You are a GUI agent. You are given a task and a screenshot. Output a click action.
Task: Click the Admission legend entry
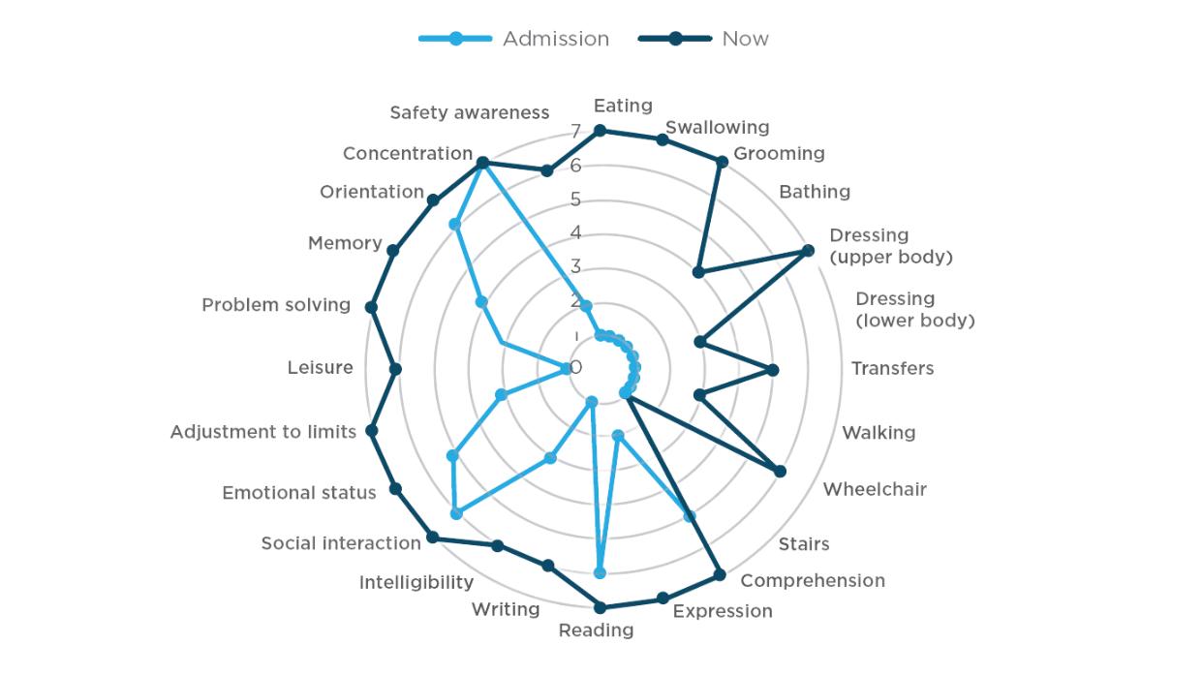pyautogui.click(x=555, y=39)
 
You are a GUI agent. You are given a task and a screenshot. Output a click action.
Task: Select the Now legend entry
pyautogui.click(x=745, y=39)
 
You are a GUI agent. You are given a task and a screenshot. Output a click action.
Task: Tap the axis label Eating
pyautogui.click(x=623, y=105)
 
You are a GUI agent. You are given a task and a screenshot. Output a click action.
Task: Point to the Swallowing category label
pyautogui.click(x=717, y=127)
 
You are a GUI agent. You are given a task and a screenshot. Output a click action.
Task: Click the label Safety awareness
pyautogui.click(x=470, y=112)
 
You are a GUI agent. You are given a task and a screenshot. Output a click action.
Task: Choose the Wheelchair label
pyautogui.click(x=875, y=489)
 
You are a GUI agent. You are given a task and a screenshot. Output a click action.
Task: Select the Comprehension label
pyautogui.click(x=813, y=580)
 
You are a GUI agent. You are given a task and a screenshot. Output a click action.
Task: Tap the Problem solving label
pyautogui.click(x=276, y=305)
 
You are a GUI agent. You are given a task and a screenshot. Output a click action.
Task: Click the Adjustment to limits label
pyautogui.click(x=263, y=432)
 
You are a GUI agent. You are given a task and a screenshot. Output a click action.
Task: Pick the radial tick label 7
pyautogui.click(x=575, y=131)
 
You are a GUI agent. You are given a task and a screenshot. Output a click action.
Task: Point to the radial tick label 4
pyautogui.click(x=575, y=232)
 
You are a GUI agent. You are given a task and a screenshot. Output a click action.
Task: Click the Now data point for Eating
pyautogui.click(x=600, y=130)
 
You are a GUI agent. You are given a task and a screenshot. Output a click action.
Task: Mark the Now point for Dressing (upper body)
pyautogui.click(x=808, y=251)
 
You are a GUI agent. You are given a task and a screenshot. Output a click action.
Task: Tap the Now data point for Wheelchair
pyautogui.click(x=781, y=472)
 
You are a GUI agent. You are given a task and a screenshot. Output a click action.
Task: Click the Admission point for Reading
pyautogui.click(x=600, y=573)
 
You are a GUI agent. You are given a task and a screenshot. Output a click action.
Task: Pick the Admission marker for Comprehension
pyautogui.click(x=690, y=516)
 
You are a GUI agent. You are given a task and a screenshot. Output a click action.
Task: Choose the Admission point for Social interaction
pyautogui.click(x=456, y=514)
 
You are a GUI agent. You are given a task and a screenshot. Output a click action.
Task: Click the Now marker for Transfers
pyautogui.click(x=773, y=369)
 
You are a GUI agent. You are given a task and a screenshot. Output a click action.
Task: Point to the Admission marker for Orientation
pyautogui.click(x=455, y=225)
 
